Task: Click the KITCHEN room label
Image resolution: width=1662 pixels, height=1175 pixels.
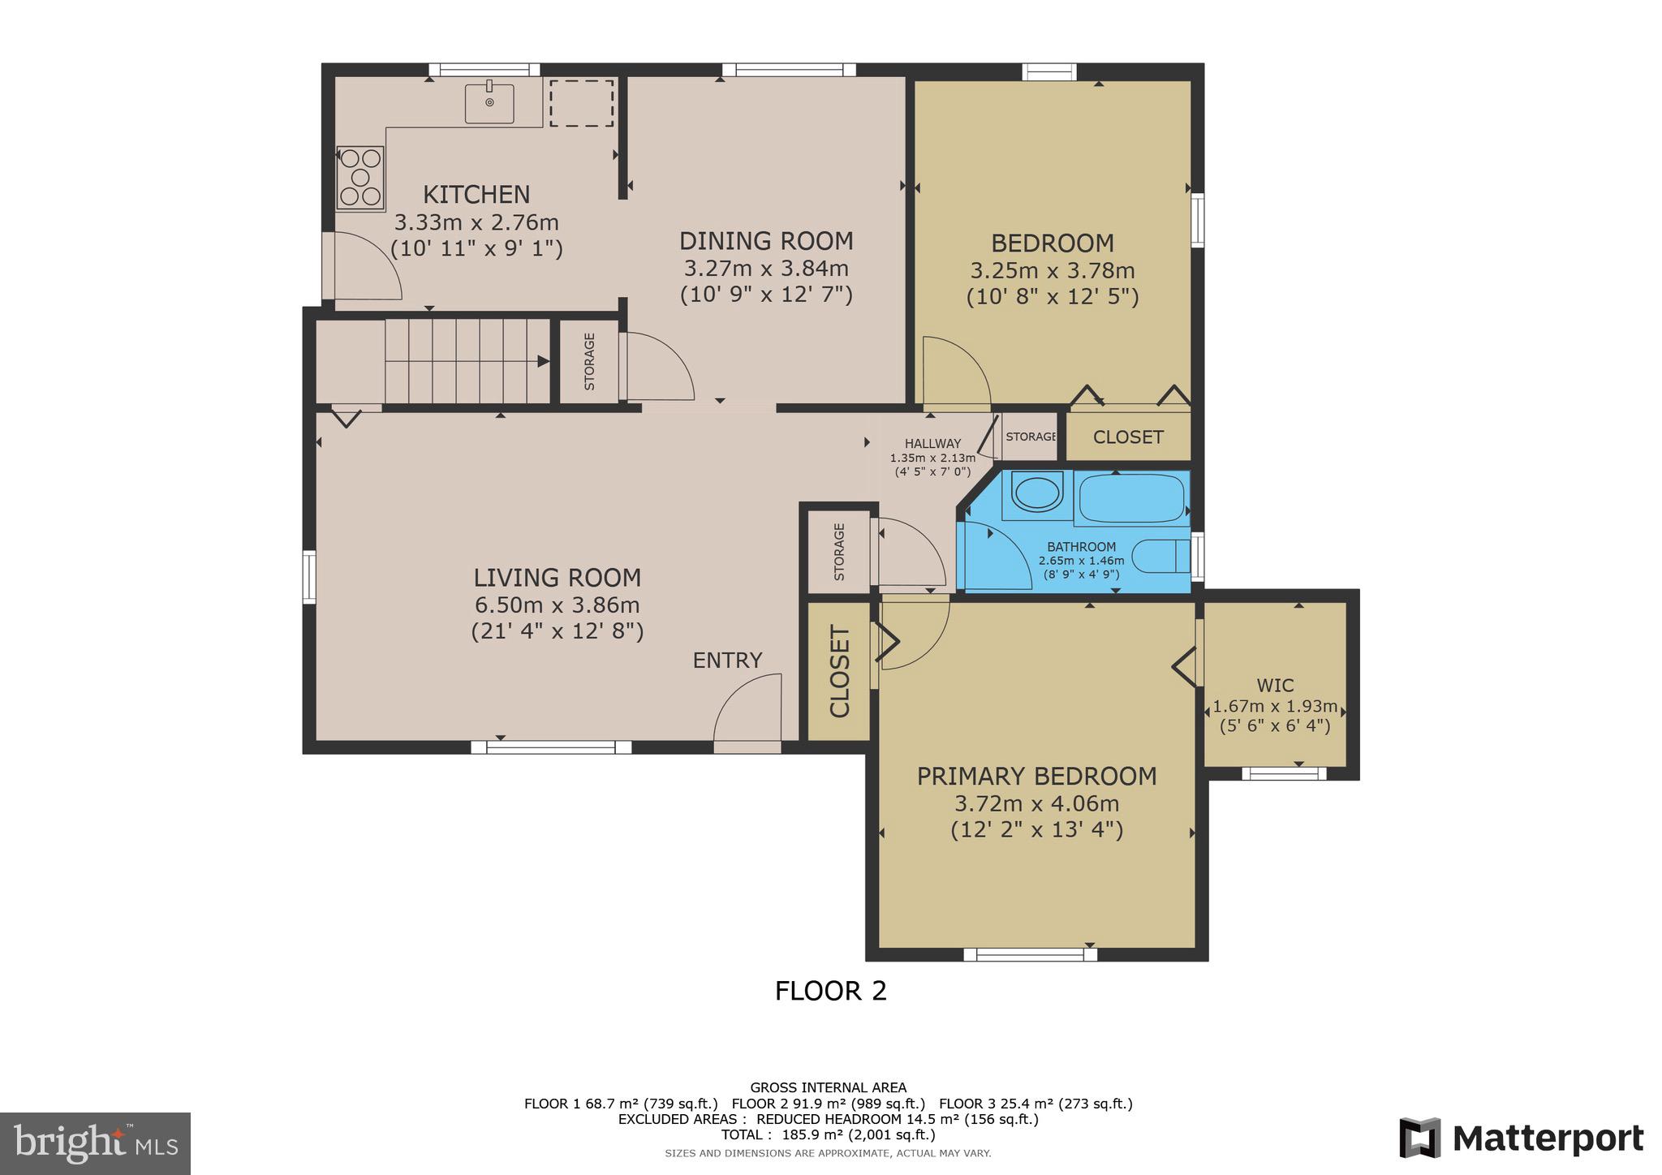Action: [x=476, y=195]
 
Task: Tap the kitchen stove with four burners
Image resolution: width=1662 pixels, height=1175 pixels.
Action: [x=360, y=177]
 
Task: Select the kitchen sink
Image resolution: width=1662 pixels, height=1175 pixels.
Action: [x=489, y=102]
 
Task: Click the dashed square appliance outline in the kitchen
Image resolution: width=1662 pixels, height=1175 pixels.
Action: [x=581, y=103]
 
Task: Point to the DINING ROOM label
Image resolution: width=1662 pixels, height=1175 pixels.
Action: [x=766, y=241]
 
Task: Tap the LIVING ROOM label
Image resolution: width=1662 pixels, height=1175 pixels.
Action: [x=558, y=578]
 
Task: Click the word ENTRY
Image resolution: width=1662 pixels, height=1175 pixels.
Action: [x=727, y=661]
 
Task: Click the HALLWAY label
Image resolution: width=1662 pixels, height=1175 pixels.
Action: [x=933, y=444]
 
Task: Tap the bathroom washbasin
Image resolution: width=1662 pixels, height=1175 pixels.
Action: [x=1036, y=493]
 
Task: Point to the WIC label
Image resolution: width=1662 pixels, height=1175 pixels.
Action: [x=1275, y=686]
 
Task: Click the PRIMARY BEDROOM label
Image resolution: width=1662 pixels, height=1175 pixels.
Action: [x=1037, y=777]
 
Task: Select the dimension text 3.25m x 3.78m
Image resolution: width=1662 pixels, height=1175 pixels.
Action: [x=1053, y=270]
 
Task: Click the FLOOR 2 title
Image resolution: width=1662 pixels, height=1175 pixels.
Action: [x=831, y=991]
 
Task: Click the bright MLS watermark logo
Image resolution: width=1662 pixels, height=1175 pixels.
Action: [x=97, y=1143]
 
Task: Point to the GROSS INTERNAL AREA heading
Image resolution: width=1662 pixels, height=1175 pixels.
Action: [x=828, y=1087]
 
